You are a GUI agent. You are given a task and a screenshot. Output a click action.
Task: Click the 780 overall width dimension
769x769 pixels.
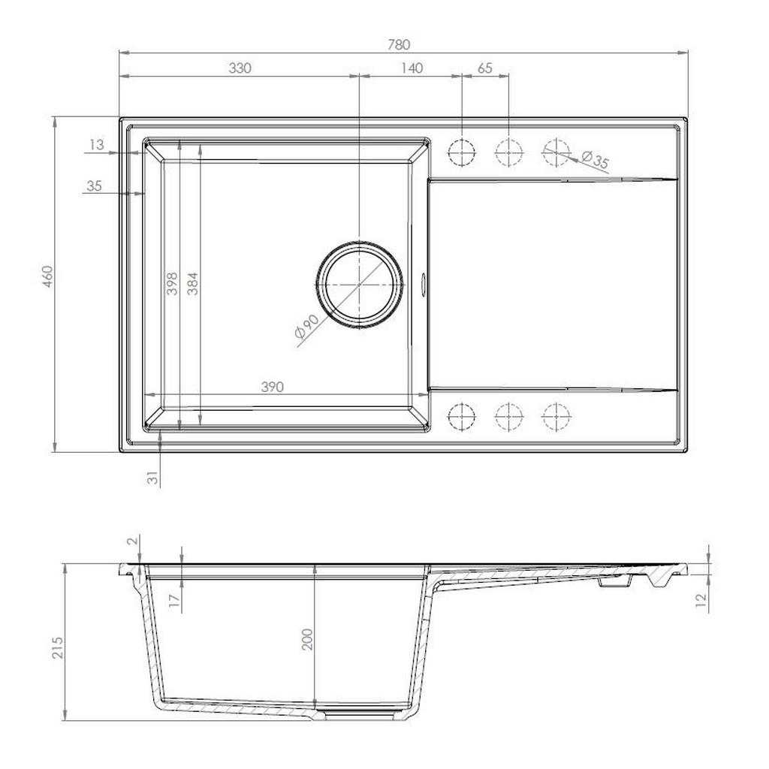coord(398,44)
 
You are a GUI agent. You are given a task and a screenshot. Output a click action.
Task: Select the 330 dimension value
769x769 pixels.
coord(240,68)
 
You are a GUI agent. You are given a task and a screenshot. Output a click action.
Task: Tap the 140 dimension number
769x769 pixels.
coord(412,68)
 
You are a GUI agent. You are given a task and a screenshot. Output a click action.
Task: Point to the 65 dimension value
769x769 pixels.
coord(484,68)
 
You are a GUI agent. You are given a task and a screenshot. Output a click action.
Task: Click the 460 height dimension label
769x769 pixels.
coord(47,276)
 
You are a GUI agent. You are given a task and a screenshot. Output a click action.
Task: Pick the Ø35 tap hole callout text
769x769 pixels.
coord(595,159)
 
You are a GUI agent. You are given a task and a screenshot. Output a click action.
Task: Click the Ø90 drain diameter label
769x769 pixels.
coord(307,326)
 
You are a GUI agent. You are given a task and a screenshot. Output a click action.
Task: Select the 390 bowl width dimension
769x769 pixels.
coord(272,387)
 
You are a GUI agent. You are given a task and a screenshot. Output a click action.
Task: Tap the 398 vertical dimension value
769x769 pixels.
coord(172,283)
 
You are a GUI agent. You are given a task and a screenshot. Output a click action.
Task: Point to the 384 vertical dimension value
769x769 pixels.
coord(193,283)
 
